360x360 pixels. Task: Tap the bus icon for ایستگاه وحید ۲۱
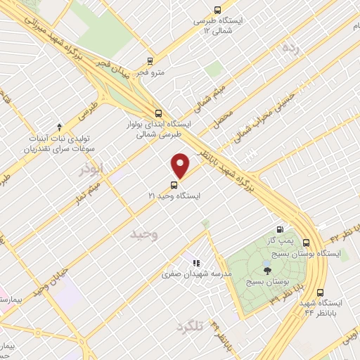coord(174,185)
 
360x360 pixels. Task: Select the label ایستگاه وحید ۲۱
coord(174,196)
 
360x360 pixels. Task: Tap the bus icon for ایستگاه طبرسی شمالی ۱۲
coord(217,11)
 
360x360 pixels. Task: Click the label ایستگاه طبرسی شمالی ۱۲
coord(222,26)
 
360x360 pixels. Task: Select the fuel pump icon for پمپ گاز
coord(281,229)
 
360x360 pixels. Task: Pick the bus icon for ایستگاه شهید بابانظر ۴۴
coord(321,292)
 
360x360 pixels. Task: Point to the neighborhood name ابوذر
coord(91,169)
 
